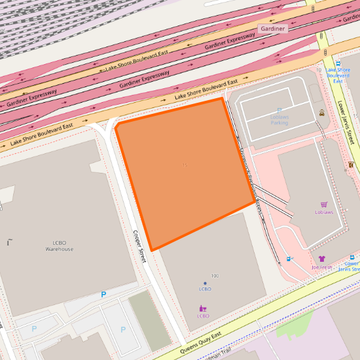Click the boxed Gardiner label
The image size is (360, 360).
click(272, 29)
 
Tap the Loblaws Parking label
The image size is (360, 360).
click(279, 119)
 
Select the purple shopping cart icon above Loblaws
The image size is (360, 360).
click(324, 204)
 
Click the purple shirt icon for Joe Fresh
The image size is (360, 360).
click(321, 259)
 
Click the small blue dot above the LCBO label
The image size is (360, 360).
click(205, 283)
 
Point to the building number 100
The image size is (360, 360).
click(215, 276)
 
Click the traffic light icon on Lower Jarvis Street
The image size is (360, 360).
click(351, 164)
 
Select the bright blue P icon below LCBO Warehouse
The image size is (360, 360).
click(103, 295)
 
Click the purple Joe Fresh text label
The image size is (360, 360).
click(322, 268)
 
